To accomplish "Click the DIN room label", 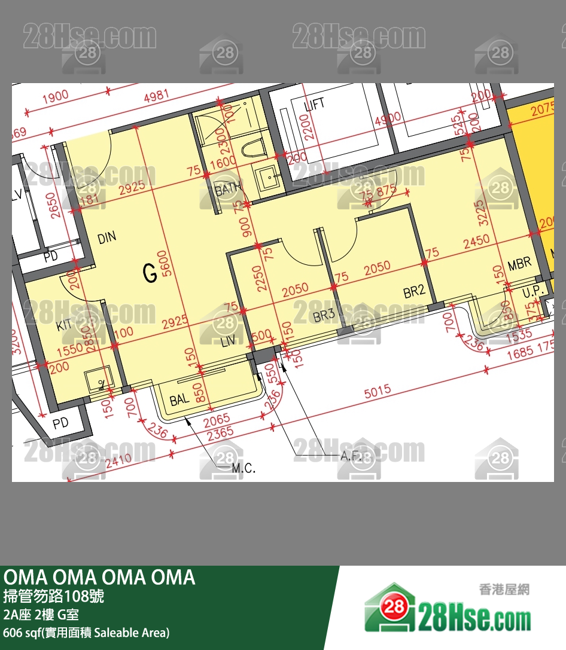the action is tap(107, 238).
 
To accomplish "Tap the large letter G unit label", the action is tap(150, 274).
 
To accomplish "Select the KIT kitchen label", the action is tap(64, 326).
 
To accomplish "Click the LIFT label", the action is tap(315, 104).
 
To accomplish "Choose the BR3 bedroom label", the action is tap(323, 316).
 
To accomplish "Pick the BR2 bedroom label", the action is tap(414, 291).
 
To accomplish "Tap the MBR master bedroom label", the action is tap(519, 264).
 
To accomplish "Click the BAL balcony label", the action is tap(179, 400).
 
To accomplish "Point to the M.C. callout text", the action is tap(244, 468).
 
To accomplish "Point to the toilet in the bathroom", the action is tap(251, 147).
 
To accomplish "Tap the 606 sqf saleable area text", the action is tap(86, 632).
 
